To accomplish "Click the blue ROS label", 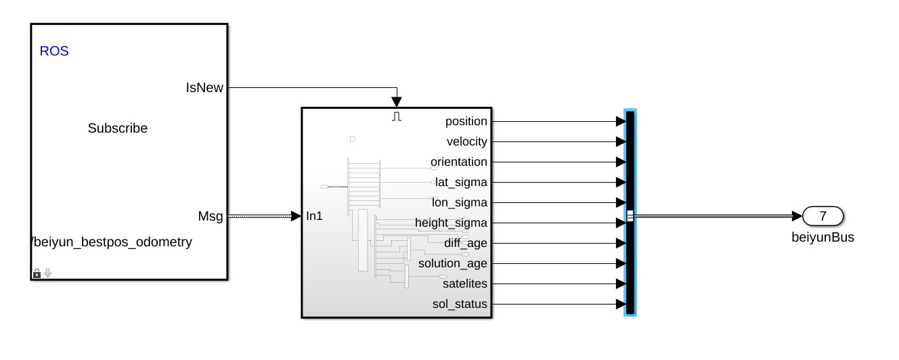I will [54, 51].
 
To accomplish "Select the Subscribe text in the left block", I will [117, 128].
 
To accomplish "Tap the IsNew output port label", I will [204, 87].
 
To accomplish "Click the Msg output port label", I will [210, 216].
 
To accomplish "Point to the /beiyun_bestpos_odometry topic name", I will [112, 242].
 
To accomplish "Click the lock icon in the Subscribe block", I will [37, 273].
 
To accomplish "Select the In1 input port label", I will [315, 216].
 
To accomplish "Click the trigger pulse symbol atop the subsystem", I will [397, 116].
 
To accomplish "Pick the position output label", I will [466, 121].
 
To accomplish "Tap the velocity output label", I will [466, 141].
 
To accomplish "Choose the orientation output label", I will [458, 162].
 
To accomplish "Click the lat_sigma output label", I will [461, 182].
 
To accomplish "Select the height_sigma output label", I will [451, 223].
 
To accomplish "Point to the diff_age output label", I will [465, 243].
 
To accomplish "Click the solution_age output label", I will [452, 263].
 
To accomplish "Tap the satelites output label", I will [464, 284].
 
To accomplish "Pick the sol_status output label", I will [460, 304].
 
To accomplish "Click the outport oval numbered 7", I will [823, 216].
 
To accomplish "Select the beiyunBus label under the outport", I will [823, 237].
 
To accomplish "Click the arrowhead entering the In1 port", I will [296, 216].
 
